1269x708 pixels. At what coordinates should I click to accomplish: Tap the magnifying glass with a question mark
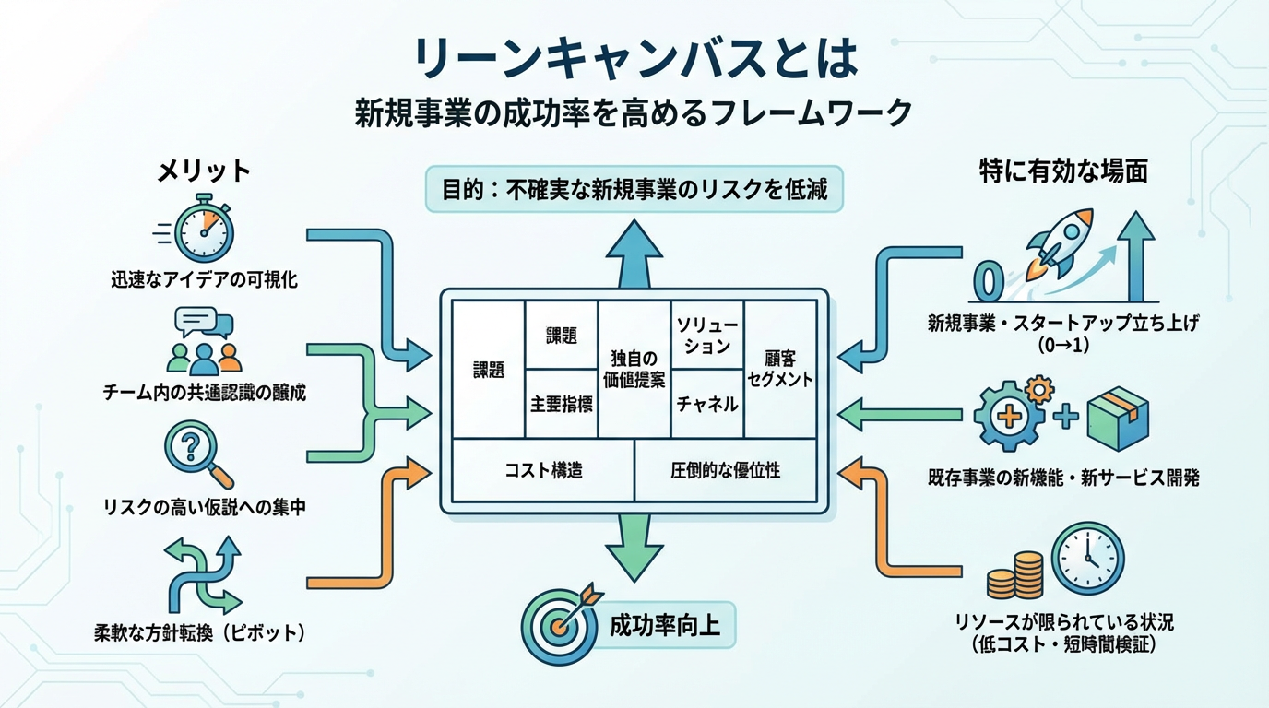coord(195,453)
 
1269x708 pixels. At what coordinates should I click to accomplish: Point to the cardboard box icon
coord(1118,418)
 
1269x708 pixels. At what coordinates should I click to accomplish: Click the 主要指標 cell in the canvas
coord(561,403)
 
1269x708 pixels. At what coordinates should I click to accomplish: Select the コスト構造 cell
coord(544,470)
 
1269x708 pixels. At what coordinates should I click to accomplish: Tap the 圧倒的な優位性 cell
coord(725,470)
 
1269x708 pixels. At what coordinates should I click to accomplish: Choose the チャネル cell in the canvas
coord(706,403)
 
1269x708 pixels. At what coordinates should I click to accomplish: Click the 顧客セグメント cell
coord(780,369)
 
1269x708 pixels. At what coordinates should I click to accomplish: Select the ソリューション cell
coord(706,335)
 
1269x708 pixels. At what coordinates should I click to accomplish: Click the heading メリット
coord(203,171)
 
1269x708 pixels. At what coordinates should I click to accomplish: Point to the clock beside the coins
coord(1089,559)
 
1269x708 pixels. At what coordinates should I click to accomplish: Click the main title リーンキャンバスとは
coord(635,61)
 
